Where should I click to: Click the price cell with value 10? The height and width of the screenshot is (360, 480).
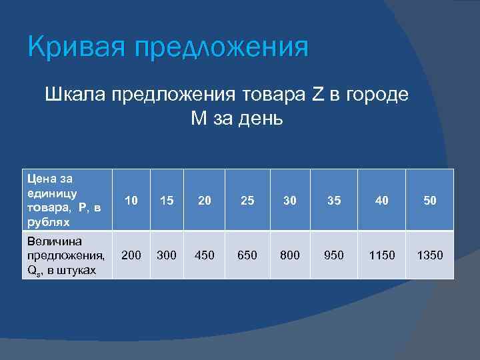point(131,200)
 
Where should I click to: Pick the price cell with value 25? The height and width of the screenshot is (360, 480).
point(247,200)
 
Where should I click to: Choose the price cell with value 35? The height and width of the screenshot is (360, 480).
point(335,200)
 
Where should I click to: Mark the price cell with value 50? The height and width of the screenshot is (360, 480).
point(430,200)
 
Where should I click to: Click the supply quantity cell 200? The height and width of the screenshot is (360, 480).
point(131,255)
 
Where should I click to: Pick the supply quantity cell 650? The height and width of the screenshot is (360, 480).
point(247,255)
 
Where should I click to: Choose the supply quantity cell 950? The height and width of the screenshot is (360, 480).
point(335,255)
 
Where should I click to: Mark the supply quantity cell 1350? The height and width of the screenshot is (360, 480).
point(430,255)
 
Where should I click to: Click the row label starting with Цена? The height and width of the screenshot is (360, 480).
point(64,199)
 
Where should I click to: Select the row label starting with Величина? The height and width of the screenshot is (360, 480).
point(64,255)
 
